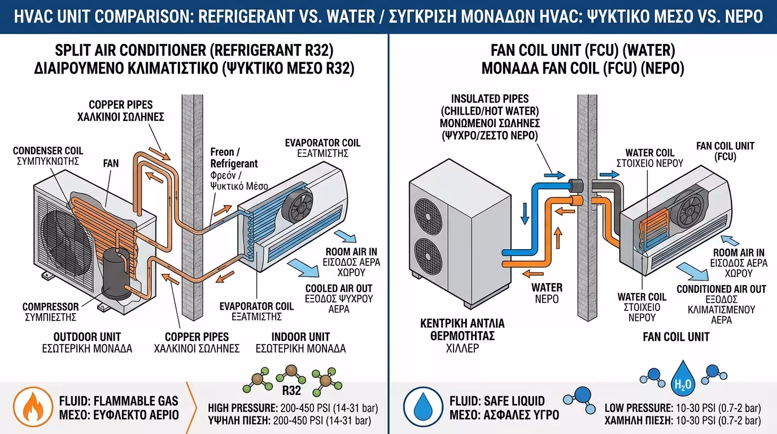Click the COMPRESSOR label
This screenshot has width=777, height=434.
(x=50, y=307)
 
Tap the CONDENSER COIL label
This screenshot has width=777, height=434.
(x=48, y=150)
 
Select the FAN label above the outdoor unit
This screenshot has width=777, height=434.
(x=111, y=163)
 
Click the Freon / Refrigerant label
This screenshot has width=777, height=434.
(x=234, y=158)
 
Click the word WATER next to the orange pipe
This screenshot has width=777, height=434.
(x=547, y=287)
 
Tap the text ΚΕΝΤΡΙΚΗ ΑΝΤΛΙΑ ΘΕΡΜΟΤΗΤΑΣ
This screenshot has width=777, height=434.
(x=462, y=329)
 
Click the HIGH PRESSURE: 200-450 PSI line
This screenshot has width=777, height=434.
(x=293, y=408)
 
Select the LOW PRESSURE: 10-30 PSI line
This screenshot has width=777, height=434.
(x=682, y=408)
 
